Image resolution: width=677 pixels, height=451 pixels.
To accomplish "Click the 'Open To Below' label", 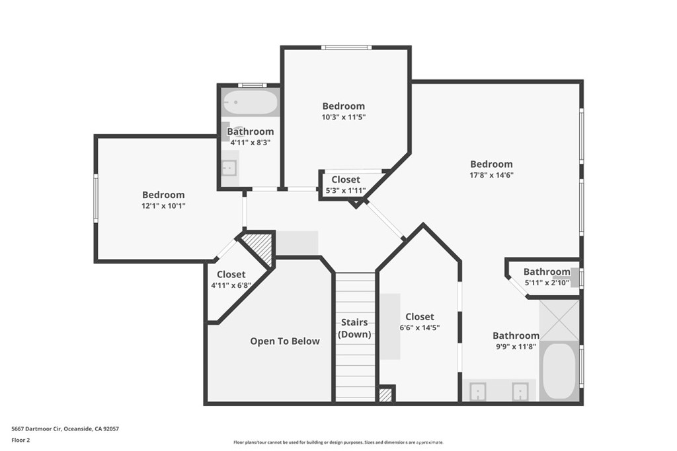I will [x=284, y=341].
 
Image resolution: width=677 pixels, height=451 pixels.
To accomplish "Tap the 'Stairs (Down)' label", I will [x=355, y=328].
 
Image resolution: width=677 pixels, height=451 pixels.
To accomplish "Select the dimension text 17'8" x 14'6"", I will [x=491, y=175].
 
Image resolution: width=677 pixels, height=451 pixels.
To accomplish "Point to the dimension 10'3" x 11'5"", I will [x=343, y=117].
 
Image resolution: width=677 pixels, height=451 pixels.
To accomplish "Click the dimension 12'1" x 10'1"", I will [x=163, y=206].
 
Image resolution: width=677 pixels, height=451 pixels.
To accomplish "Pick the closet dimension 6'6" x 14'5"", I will [x=419, y=328].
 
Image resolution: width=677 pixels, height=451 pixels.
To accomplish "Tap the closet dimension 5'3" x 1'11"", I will [x=346, y=191].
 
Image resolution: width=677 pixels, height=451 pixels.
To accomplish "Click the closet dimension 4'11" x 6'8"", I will [x=231, y=286].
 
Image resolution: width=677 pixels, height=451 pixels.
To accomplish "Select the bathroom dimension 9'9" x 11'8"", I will [x=516, y=347].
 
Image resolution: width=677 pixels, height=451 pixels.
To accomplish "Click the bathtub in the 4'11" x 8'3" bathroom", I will [x=250, y=102].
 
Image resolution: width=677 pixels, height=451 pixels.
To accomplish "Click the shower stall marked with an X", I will [x=559, y=320].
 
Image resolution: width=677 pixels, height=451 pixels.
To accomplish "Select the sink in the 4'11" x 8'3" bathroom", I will [x=229, y=168].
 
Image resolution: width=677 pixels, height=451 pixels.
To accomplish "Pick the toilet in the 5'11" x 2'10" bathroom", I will [x=574, y=277].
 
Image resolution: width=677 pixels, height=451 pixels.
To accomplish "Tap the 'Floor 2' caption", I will [x=21, y=440].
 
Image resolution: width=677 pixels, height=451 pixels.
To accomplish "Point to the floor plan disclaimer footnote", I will [x=338, y=442].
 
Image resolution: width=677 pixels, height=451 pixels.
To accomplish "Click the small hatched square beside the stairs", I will [x=385, y=395].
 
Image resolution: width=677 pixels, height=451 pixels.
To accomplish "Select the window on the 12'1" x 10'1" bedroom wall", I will [x=96, y=197].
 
